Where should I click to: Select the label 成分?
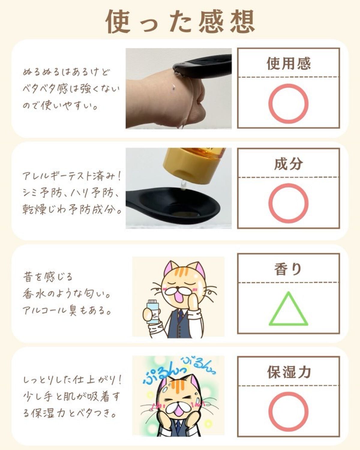coord(289,164)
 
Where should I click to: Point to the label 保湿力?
coord(289,372)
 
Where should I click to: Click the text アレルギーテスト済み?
coord(71,176)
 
